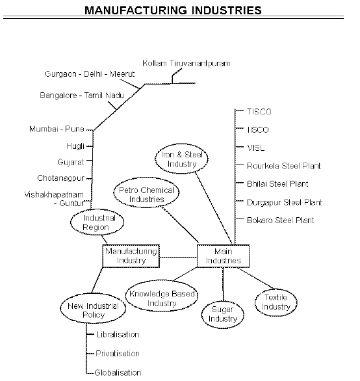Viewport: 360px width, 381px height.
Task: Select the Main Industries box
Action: [223, 256]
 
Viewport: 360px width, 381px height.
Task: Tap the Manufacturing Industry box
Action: [131, 256]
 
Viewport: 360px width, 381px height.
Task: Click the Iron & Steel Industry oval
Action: [185, 159]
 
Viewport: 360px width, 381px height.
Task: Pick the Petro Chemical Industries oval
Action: [146, 195]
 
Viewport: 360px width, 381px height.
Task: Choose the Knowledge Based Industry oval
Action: [162, 298]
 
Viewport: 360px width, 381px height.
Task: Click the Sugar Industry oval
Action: [223, 316]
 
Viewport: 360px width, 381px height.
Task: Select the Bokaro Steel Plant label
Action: [280, 220]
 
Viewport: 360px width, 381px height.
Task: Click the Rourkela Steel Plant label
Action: [283, 166]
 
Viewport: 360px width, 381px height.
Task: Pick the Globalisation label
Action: [118, 373]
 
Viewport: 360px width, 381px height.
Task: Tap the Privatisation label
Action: [118, 354]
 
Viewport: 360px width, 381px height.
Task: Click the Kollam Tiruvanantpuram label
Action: [186, 63]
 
